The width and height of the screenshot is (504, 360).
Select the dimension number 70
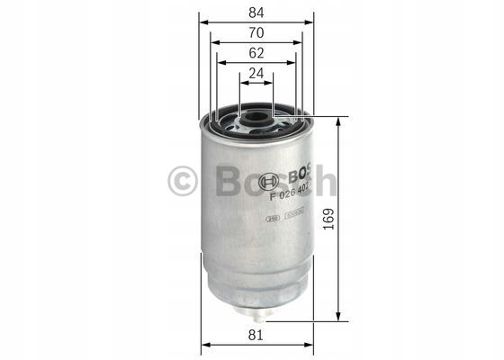[256, 33]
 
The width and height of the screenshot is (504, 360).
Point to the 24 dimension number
[256, 76]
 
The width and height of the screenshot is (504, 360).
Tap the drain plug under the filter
[256, 314]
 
